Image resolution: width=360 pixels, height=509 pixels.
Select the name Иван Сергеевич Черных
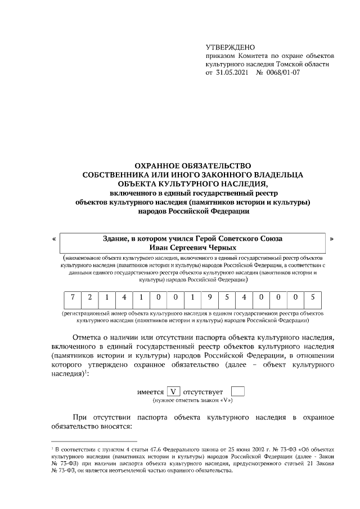(192, 247)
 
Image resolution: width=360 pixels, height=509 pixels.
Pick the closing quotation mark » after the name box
(331, 238)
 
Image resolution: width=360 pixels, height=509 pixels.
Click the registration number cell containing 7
(71, 297)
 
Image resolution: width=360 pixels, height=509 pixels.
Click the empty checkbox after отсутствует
(238, 391)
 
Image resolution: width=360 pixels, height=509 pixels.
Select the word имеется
(150, 391)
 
